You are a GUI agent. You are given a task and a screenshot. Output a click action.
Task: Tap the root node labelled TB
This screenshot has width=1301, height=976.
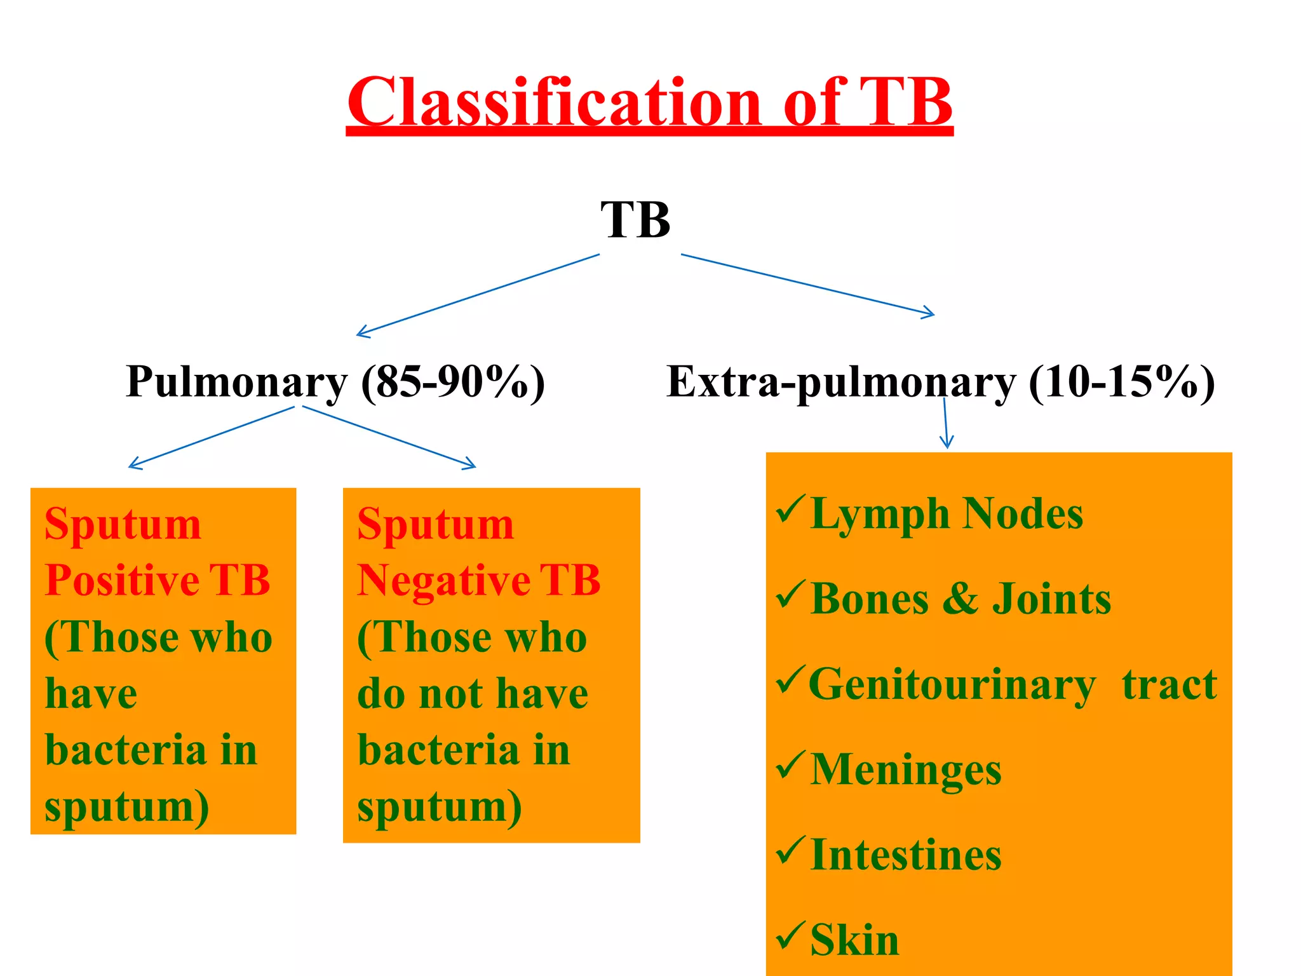click(635, 220)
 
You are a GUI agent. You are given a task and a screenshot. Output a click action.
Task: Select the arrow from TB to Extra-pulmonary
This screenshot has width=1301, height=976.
click(807, 284)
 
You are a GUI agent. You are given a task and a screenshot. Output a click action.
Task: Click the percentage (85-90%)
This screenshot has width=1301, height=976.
click(453, 382)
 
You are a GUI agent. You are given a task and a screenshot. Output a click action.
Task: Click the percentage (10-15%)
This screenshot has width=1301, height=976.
click(1121, 382)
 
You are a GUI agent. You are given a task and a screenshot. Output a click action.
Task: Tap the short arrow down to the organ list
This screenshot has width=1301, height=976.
click(946, 423)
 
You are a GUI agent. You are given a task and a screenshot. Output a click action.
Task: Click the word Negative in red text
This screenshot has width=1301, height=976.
click(443, 581)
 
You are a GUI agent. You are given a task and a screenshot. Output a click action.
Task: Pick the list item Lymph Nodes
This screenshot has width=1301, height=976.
click(947, 514)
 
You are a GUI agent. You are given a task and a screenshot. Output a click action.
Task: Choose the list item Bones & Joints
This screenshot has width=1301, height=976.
click(961, 599)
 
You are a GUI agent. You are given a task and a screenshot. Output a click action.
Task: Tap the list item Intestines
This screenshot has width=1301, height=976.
click(905, 855)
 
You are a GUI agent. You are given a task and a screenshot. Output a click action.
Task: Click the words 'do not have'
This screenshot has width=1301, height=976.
click(472, 693)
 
